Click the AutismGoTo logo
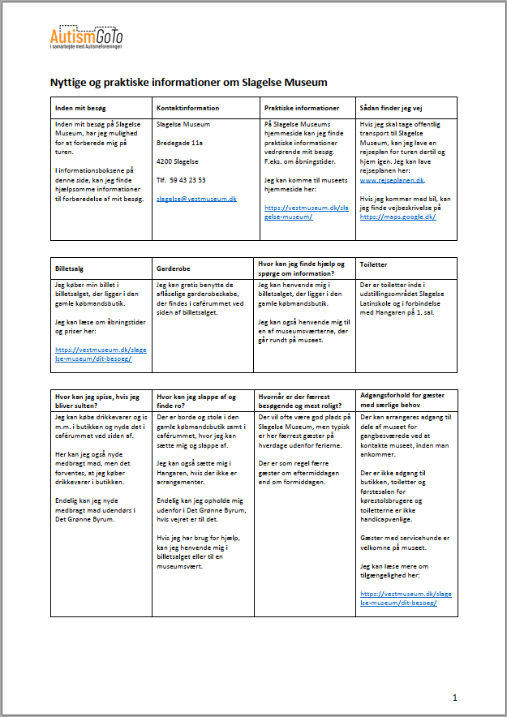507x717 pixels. click(86, 37)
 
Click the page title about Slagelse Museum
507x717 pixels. click(189, 83)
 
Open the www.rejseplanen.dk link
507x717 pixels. click(393, 179)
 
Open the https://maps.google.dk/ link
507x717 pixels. click(397, 217)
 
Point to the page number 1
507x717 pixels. click(455, 698)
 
